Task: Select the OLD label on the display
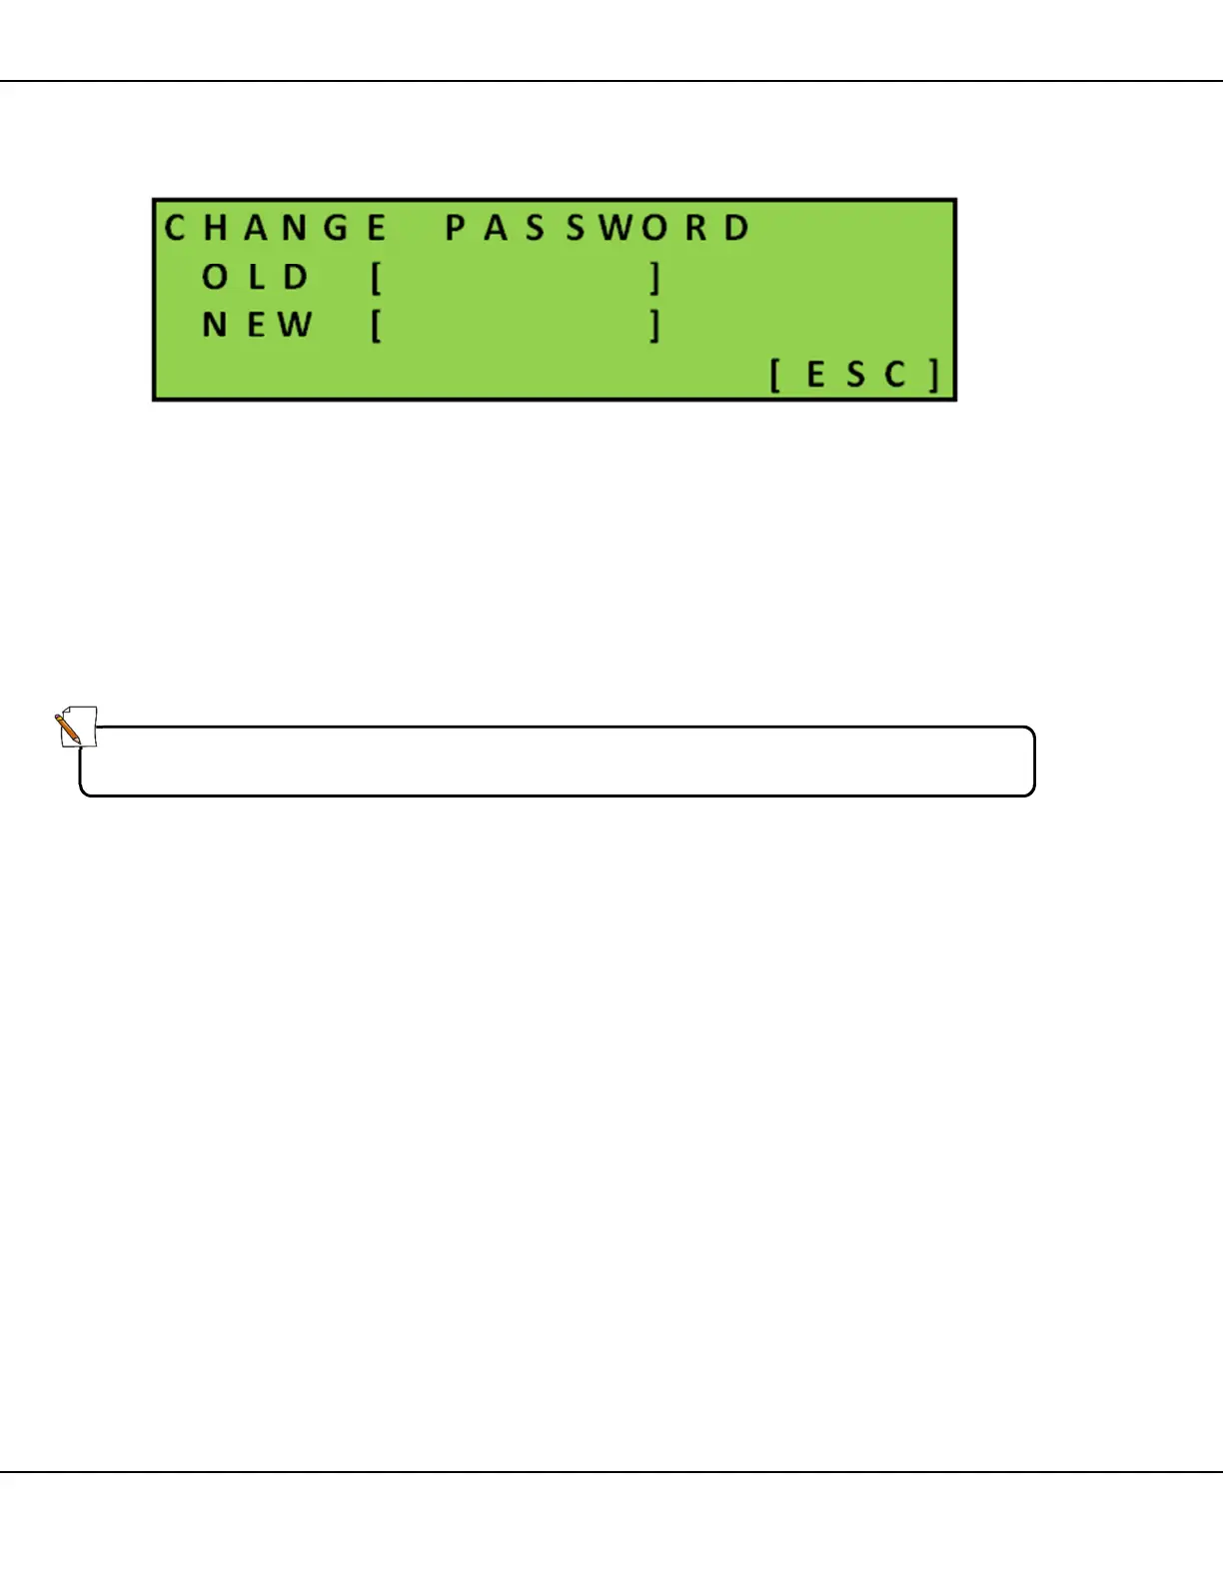pos(256,277)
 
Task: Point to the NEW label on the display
pos(258,325)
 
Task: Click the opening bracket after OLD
pos(377,278)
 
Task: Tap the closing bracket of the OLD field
pos(654,278)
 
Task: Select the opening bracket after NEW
pos(377,326)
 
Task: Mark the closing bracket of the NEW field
pos(654,326)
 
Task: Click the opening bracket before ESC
pos(775,376)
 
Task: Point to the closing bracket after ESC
pos(934,376)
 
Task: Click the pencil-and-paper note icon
pos(75,727)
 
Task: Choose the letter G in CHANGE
pos(337,228)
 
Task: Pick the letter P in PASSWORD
pos(456,228)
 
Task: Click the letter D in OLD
pos(296,277)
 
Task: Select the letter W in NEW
pos(296,325)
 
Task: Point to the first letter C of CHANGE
pos(176,228)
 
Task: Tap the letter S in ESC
pos(856,376)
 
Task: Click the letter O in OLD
pos(215,277)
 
